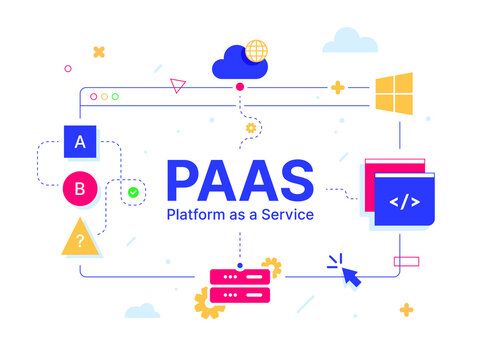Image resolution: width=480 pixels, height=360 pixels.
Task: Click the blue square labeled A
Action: (80, 142)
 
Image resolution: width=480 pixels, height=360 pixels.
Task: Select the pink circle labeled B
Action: (80, 188)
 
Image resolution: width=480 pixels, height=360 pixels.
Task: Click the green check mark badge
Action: (133, 190)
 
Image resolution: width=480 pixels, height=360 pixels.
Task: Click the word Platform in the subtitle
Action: (196, 215)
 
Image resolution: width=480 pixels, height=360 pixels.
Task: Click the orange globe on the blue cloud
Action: (257, 51)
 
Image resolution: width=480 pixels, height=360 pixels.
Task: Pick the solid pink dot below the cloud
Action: (240, 88)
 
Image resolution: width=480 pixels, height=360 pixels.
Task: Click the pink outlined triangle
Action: (178, 85)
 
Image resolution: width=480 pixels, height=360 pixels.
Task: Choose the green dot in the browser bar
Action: (115, 97)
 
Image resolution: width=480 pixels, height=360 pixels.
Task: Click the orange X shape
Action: (99, 52)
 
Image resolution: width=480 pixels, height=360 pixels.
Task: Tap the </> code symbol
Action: (405, 202)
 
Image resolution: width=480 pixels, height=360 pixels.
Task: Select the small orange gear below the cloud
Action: (251, 128)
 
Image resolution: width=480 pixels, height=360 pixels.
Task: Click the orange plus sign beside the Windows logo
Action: (338, 88)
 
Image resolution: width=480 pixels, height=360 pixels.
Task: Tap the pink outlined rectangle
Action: (407, 262)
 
